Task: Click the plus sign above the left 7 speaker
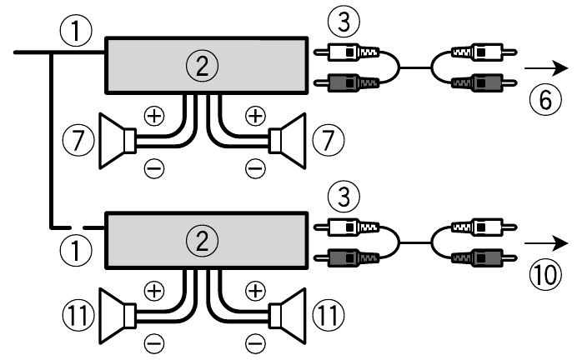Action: click(x=155, y=113)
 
